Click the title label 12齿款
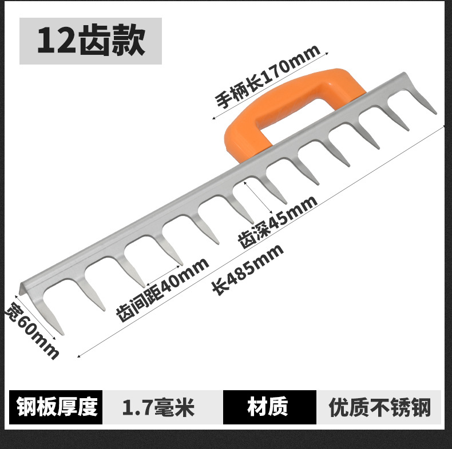pyautogui.click(x=91, y=41)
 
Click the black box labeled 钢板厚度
pyautogui.click(x=57, y=407)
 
